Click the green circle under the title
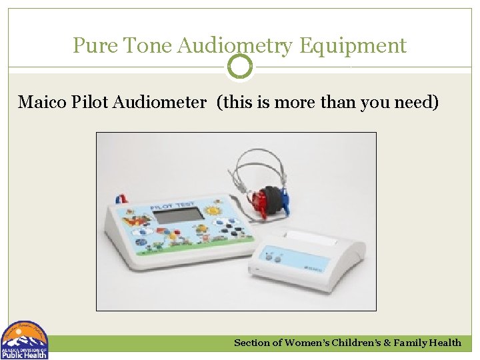(x=240, y=67)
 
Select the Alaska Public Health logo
(x=24, y=340)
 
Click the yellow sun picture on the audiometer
(x=213, y=211)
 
